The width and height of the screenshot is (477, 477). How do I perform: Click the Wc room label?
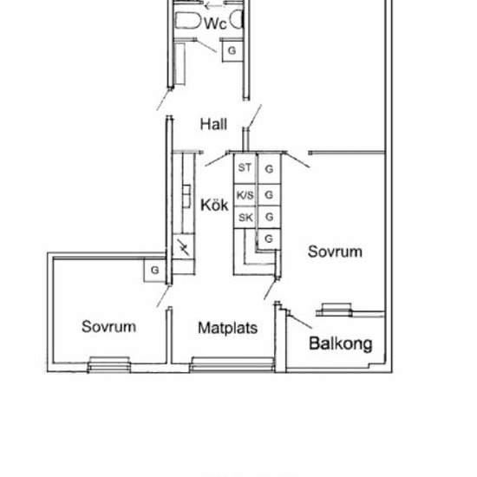pyautogui.click(x=215, y=24)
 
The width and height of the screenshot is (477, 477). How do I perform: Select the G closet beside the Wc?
pyautogui.click(x=232, y=51)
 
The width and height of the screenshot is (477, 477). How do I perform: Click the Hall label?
pyautogui.click(x=213, y=124)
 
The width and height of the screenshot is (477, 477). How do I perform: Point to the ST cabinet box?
pyautogui.click(x=245, y=167)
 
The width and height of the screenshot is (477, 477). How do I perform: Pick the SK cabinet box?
pyautogui.click(x=245, y=217)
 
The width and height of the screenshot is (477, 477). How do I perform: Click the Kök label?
pyautogui.click(x=213, y=206)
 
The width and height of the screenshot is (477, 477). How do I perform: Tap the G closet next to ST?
pyautogui.click(x=270, y=167)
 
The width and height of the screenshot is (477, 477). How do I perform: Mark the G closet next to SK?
pyautogui.click(x=270, y=217)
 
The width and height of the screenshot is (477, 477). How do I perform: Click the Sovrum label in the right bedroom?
pyautogui.click(x=335, y=252)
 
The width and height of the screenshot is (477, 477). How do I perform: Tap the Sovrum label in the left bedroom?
pyautogui.click(x=109, y=327)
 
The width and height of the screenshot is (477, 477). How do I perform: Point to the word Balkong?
pyautogui.click(x=341, y=343)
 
